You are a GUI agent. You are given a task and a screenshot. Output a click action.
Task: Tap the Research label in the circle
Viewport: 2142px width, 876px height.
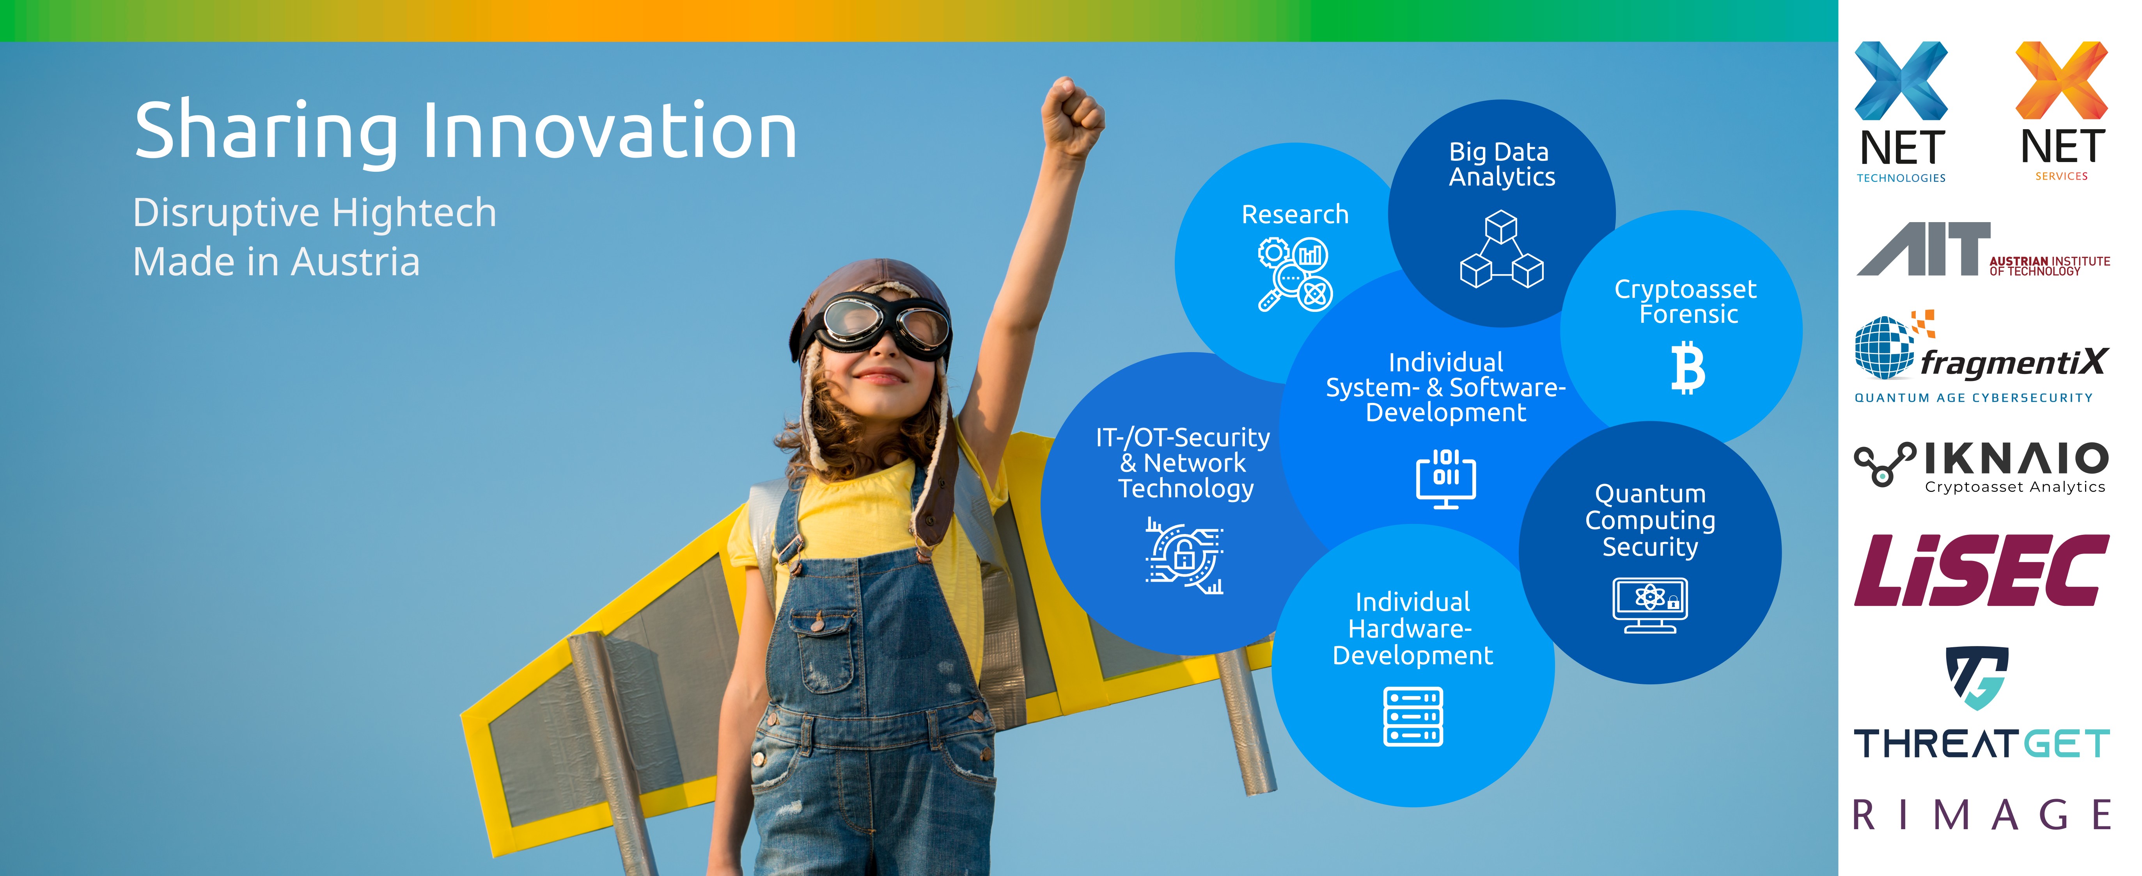pyautogui.click(x=1295, y=215)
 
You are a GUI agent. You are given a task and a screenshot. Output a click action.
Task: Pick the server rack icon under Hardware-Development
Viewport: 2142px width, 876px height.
pyautogui.click(x=1413, y=716)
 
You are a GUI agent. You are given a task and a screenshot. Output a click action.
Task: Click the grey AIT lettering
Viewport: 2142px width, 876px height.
pyautogui.click(x=1923, y=249)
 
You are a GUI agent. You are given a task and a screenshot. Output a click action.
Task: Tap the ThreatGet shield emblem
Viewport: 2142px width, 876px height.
pyautogui.click(x=1977, y=677)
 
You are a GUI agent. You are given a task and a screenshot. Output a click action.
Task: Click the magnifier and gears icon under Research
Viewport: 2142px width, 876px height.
pyautogui.click(x=1295, y=274)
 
